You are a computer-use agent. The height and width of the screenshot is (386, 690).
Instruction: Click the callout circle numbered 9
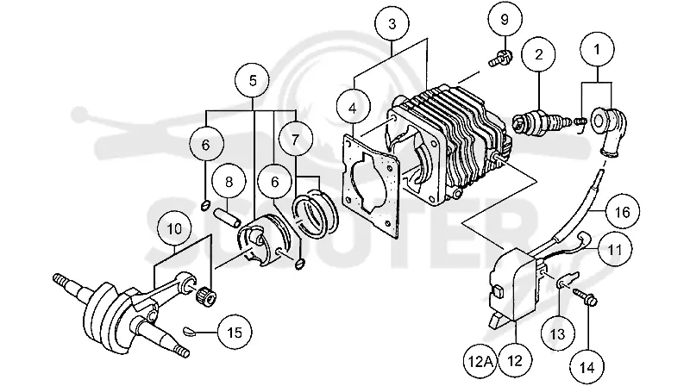click(x=505, y=20)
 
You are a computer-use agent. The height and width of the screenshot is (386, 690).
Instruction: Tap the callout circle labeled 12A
click(x=480, y=361)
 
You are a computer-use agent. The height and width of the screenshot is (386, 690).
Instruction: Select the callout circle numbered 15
click(x=235, y=333)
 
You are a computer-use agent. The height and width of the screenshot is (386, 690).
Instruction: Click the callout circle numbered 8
click(x=229, y=182)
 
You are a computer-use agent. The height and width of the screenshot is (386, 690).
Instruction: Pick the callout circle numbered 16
click(x=622, y=212)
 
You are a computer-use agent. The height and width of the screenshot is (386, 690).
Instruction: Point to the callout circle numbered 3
click(x=392, y=24)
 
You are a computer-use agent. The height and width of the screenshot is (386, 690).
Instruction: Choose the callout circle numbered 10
click(x=175, y=229)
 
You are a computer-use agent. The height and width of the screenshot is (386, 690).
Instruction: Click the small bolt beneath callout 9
click(x=501, y=59)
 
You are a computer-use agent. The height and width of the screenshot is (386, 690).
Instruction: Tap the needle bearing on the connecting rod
click(x=206, y=298)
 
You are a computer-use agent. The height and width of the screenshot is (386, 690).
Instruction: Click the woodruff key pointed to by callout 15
click(x=190, y=331)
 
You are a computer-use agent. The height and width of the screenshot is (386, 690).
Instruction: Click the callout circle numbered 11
click(x=614, y=250)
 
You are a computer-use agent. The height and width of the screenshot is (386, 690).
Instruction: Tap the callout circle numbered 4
click(x=353, y=109)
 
